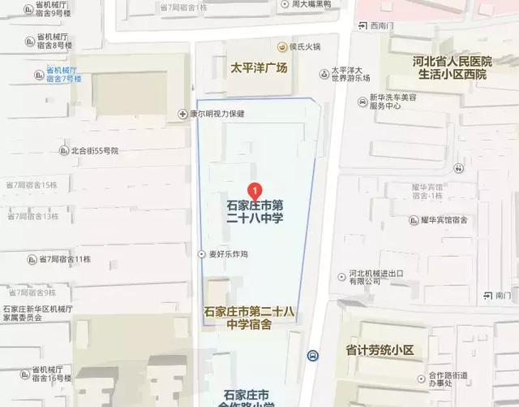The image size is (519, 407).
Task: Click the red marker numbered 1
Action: click(x=256, y=191)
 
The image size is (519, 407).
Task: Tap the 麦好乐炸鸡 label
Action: click(x=227, y=254)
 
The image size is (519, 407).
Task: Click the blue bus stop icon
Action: click(x=312, y=355)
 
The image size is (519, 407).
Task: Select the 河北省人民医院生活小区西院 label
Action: click(x=450, y=67)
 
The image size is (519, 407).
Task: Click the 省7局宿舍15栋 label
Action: click(x=32, y=185)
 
